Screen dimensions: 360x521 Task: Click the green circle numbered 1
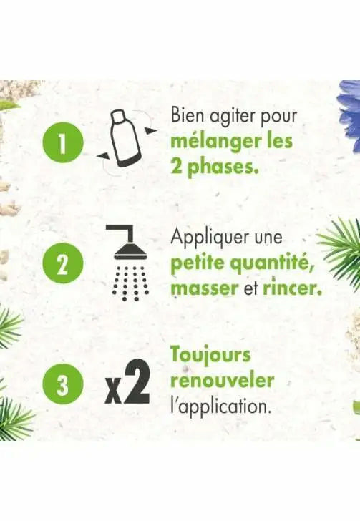(x=62, y=142)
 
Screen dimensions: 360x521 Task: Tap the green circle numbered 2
(x=62, y=263)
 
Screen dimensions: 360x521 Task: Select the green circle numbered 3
(x=62, y=384)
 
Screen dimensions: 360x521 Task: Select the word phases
(x=223, y=167)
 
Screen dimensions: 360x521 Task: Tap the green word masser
(x=205, y=288)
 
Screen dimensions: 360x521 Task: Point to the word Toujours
(x=210, y=355)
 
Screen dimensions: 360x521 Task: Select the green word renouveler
(x=223, y=381)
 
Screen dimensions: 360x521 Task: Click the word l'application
(x=220, y=406)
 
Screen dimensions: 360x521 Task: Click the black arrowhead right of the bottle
(x=150, y=130)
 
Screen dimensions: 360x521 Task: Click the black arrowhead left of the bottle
(x=103, y=155)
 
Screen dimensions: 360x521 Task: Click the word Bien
(x=184, y=115)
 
